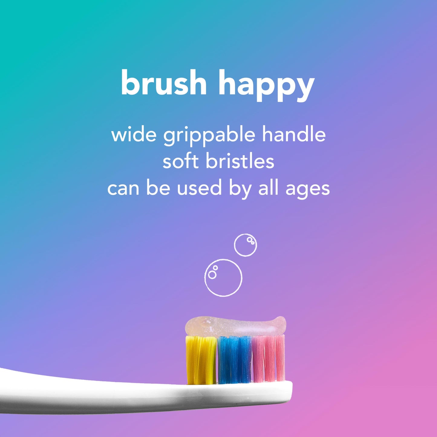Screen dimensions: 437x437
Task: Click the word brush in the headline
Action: pos(163,82)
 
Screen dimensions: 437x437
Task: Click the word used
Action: pos(199,188)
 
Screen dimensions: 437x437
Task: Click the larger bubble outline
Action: pos(223,278)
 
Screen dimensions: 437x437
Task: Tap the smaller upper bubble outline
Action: pos(245,245)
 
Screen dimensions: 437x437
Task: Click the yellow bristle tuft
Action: pos(201,360)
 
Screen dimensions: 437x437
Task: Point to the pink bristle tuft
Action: pos(269,358)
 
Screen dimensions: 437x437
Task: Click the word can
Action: pos(123,188)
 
